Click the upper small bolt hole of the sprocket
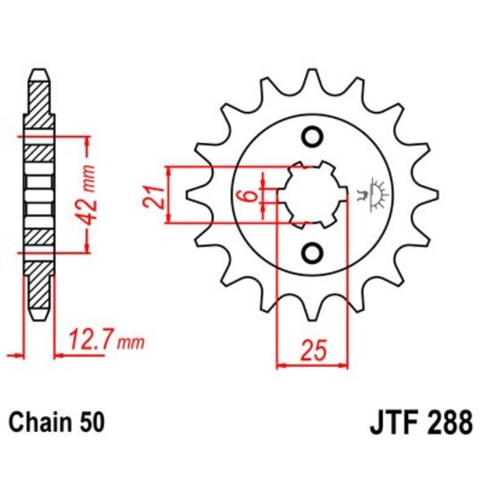pyautogui.click(x=312, y=137)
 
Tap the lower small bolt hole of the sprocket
pyautogui.click(x=312, y=253)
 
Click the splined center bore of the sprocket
pyautogui.click(x=312, y=195)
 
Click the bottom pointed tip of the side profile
pyautogui.click(x=38, y=318)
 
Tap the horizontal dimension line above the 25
pyautogui.click(x=312, y=364)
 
